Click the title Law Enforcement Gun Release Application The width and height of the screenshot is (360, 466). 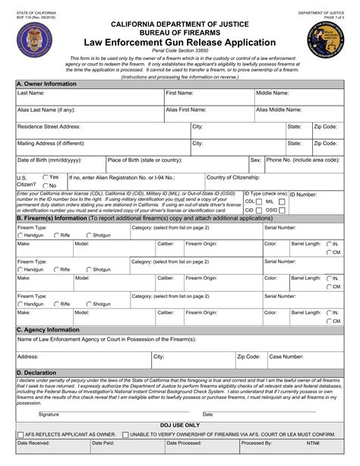point(180,44)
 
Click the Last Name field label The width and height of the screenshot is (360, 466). point(33,93)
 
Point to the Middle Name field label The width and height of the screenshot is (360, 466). point(272,93)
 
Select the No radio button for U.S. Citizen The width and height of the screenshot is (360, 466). point(45,185)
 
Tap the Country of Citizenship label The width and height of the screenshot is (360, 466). point(235,176)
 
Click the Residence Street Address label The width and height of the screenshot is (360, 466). point(49,126)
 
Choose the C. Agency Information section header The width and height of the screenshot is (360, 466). point(48,330)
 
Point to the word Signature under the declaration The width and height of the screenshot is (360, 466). point(49,414)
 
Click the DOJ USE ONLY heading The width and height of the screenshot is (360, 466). point(180,423)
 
